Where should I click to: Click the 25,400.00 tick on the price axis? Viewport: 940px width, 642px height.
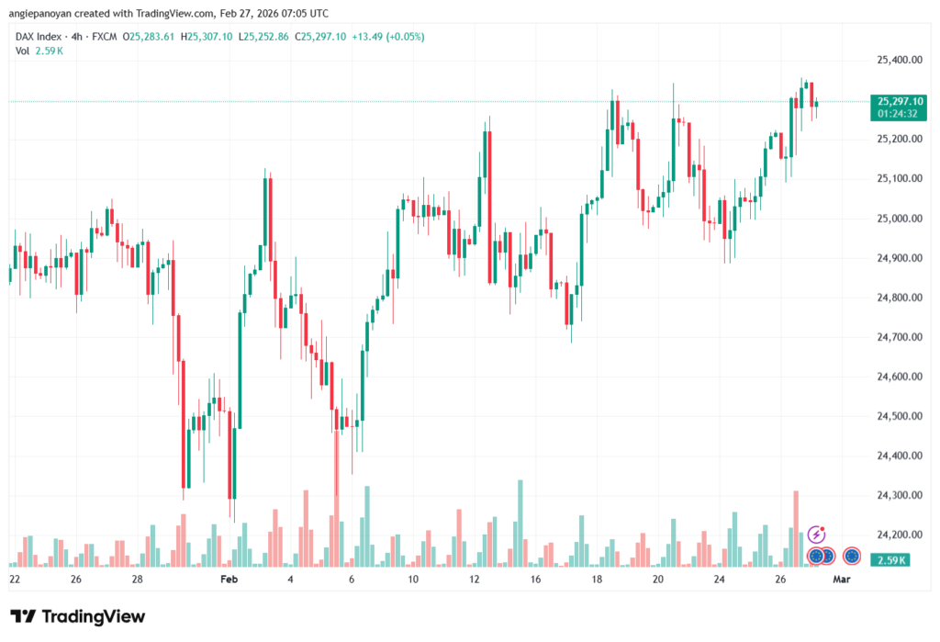[899, 60]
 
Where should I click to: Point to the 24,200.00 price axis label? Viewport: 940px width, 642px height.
[899, 535]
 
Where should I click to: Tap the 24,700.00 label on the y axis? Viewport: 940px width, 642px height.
[899, 337]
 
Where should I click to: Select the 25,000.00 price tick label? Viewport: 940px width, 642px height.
[899, 219]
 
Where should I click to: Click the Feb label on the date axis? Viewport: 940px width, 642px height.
[229, 580]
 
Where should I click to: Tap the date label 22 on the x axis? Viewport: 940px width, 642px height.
[14, 580]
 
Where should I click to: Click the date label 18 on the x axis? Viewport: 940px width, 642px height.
[598, 580]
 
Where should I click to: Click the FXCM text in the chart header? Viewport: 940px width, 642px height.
[106, 37]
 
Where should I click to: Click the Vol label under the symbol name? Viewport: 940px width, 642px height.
[22, 51]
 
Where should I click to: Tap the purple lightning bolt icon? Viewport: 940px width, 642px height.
[816, 535]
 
